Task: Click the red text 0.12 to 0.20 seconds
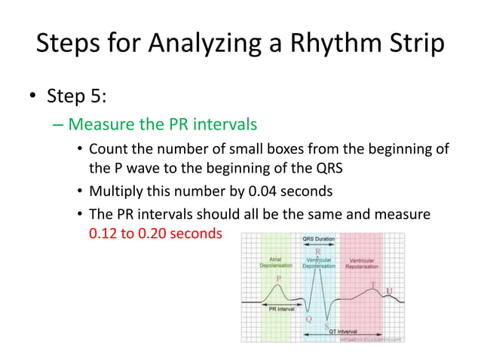point(155,233)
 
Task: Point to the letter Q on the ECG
point(308,319)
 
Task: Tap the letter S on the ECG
point(326,325)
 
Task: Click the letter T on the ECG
point(372,286)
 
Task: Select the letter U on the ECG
point(389,291)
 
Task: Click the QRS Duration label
point(319,239)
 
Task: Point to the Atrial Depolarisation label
point(271,262)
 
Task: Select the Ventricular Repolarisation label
point(362,262)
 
